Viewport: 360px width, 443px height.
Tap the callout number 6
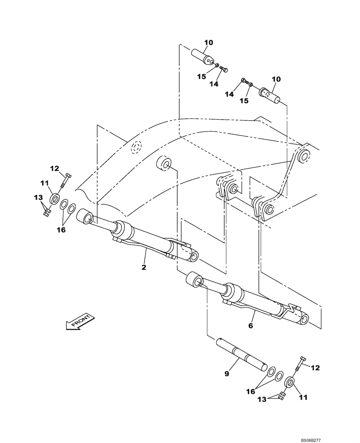250,326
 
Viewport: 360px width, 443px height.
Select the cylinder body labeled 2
146,242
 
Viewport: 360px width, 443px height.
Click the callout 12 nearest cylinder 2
55,168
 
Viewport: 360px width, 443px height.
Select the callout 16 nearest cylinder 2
61,230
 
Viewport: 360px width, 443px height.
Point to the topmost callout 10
208,43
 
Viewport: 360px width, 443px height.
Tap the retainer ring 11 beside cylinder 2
55,198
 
